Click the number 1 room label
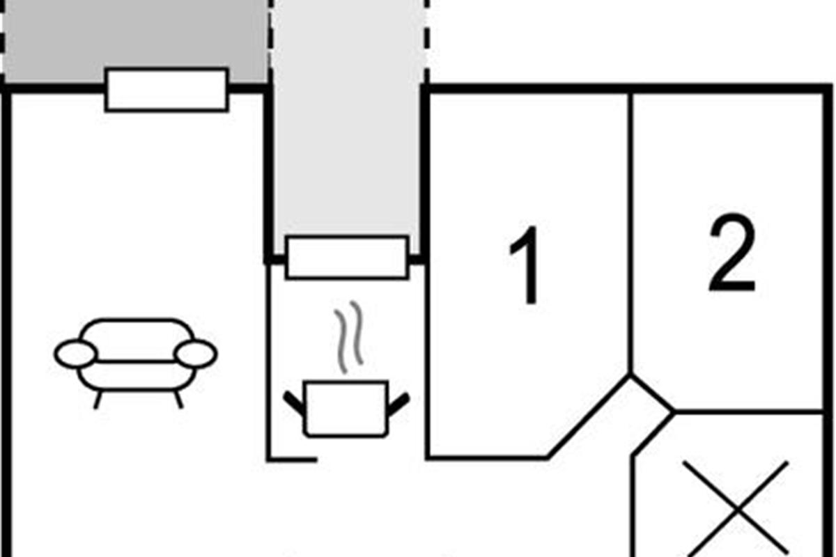(525, 265)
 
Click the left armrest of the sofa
(75, 354)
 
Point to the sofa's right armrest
(196, 354)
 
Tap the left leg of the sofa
(98, 400)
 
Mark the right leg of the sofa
(178, 400)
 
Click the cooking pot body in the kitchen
(346, 409)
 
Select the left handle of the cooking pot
(295, 404)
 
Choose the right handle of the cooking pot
(398, 404)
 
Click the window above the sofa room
(167, 89)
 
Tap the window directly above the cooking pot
(347, 258)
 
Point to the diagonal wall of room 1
(589, 418)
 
